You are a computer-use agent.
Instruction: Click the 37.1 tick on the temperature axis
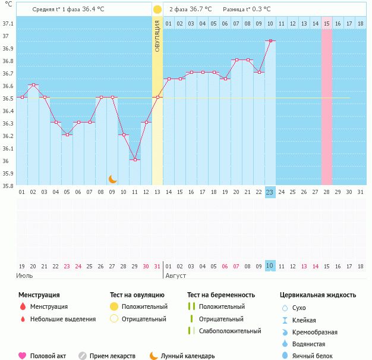point(8,24)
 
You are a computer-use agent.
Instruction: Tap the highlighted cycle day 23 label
point(269,192)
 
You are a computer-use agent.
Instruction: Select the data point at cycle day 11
point(135,159)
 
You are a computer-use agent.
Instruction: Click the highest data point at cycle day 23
point(270,40)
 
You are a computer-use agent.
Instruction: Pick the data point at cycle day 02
point(33,85)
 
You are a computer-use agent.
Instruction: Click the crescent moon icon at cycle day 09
point(112,179)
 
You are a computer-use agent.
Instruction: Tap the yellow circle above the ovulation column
point(157,10)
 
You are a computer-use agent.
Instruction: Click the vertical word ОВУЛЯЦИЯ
point(157,36)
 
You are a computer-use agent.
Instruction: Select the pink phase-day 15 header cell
point(327,23)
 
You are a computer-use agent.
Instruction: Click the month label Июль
point(24,276)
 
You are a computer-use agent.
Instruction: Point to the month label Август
point(176,276)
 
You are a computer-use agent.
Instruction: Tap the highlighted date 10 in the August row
point(269,266)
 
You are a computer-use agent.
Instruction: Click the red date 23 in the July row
point(67,266)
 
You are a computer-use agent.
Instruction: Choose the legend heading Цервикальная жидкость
point(318,295)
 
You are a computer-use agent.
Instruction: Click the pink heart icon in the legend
point(22,356)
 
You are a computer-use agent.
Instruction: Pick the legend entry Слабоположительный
point(229,331)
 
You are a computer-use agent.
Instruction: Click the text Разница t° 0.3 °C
point(247,10)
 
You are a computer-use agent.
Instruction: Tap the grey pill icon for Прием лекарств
point(83,356)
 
